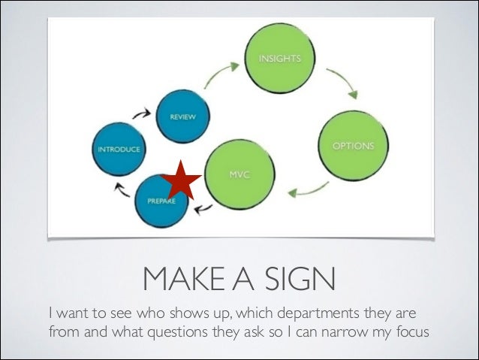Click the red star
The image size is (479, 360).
pos(181,180)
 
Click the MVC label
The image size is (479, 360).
pos(238,175)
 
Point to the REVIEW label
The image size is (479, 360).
pos(178,117)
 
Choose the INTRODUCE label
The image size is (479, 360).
pos(118,149)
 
